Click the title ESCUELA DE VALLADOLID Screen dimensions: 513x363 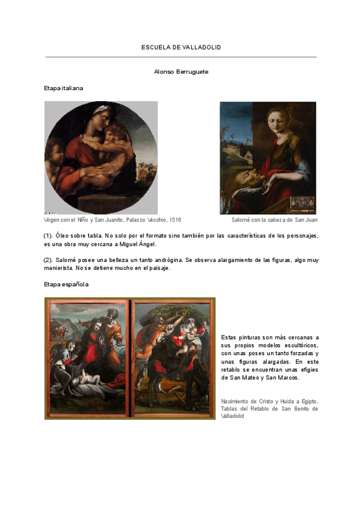(x=181, y=47)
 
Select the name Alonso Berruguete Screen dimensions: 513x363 (x=181, y=72)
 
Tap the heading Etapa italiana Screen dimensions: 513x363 (x=64, y=88)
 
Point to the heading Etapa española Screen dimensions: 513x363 (x=67, y=284)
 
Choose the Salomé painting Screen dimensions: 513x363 (x=267, y=157)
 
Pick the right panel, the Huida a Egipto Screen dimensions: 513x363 (x=171, y=358)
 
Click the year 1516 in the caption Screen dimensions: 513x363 (x=175, y=220)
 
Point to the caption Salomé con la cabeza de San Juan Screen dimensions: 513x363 (x=274, y=220)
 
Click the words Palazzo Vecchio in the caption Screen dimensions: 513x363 (x=146, y=220)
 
